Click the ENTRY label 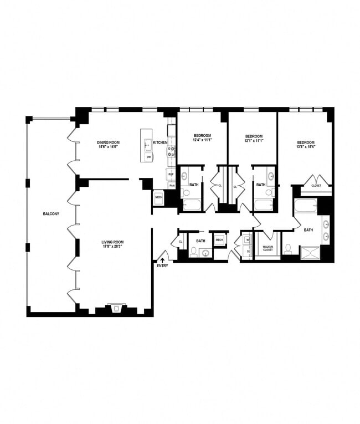click(x=162, y=266)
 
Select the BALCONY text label click(x=51, y=213)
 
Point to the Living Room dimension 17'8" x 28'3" click(x=112, y=247)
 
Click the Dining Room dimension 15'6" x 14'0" click(x=109, y=147)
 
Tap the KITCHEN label click(x=160, y=142)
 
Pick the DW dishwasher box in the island click(x=148, y=157)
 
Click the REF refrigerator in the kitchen click(x=172, y=173)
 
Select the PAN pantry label click(x=172, y=185)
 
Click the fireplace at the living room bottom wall click(x=115, y=309)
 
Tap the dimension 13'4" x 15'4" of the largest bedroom click(x=304, y=147)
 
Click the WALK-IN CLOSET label click(x=268, y=248)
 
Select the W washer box click(x=248, y=240)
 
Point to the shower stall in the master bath click(x=311, y=253)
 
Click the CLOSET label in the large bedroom click(x=316, y=186)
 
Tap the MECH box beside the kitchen click(x=159, y=197)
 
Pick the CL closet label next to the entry click(x=181, y=241)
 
